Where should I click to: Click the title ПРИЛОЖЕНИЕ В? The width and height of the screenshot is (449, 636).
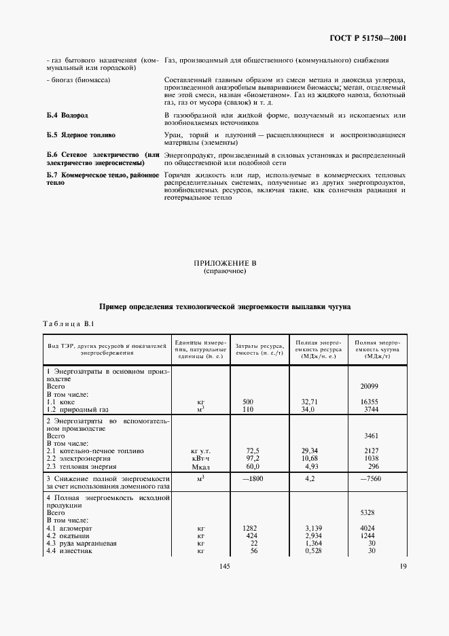click(x=224, y=263)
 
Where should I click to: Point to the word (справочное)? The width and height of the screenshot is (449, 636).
click(x=224, y=271)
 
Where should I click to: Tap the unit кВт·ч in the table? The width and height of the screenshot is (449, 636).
click(x=200, y=459)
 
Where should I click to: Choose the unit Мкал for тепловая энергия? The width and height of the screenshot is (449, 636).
click(x=200, y=467)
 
